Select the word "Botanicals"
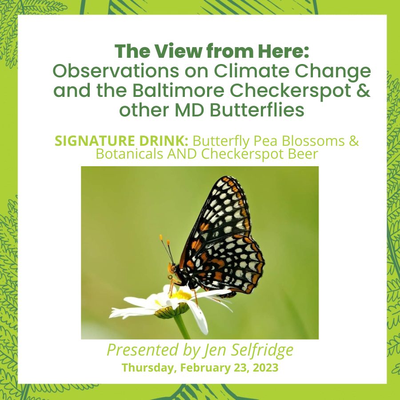coord(130,154)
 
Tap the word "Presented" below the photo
coord(142,350)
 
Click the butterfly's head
coord(172,268)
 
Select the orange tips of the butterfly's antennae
coord(164,239)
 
